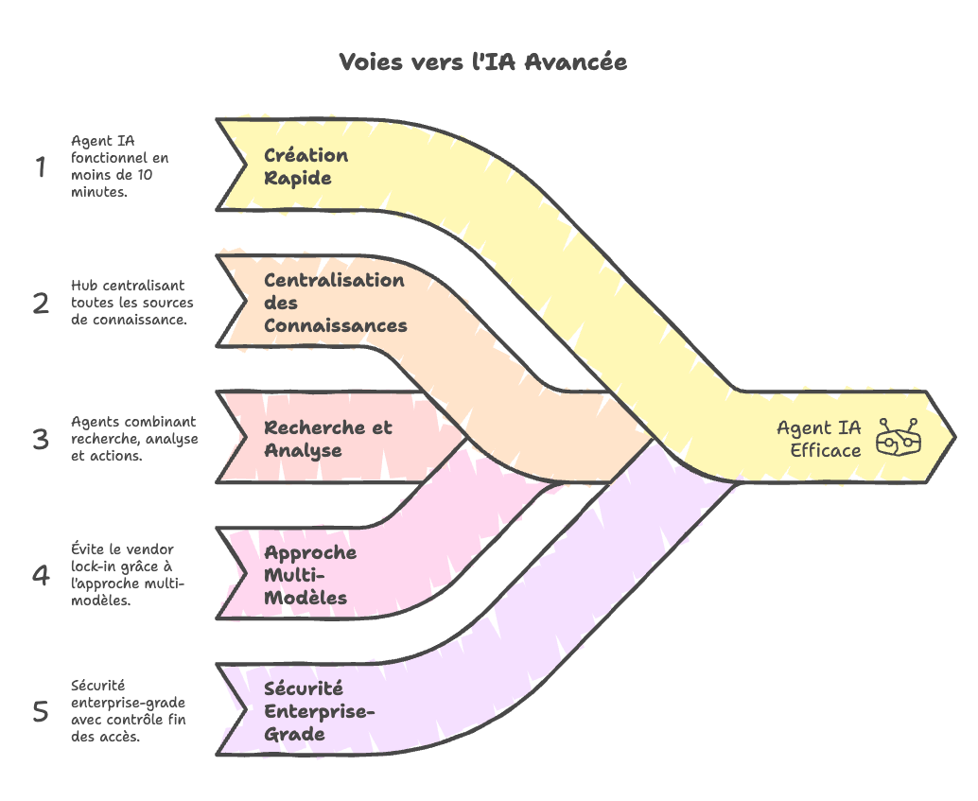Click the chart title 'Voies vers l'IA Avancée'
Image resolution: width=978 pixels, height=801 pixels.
pyautogui.click(x=482, y=62)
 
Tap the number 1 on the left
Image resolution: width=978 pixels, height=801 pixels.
pyautogui.click(x=40, y=167)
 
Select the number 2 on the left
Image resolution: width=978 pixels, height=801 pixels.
pyautogui.click(x=40, y=304)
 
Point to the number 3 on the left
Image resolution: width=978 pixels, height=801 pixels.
pyautogui.click(x=40, y=440)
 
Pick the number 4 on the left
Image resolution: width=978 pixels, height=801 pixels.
pyautogui.click(x=40, y=575)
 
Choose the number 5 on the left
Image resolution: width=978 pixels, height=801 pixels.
pyautogui.click(x=40, y=711)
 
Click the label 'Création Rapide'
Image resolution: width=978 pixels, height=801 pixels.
pyautogui.click(x=306, y=166)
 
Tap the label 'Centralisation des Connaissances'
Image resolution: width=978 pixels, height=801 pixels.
pyautogui.click(x=335, y=303)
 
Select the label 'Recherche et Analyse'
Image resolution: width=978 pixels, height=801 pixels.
pyautogui.click(x=327, y=439)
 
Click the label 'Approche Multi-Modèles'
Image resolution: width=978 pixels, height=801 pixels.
pyautogui.click(x=309, y=575)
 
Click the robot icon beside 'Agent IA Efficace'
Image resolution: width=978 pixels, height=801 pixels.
pyautogui.click(x=899, y=439)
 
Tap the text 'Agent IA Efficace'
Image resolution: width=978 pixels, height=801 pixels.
pyautogui.click(x=819, y=439)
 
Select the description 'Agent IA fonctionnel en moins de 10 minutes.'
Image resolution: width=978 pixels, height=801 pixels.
pyautogui.click(x=119, y=165)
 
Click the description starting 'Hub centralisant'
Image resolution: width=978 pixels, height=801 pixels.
pyautogui.click(x=131, y=302)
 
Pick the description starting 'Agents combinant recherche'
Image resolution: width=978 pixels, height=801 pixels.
pyautogui.click(x=134, y=438)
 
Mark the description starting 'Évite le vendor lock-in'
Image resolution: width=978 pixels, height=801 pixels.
pyautogui.click(x=128, y=574)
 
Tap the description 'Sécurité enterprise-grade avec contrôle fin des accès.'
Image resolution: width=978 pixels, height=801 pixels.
pyautogui.click(x=128, y=710)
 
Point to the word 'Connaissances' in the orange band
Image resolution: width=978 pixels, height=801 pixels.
pyautogui.click(x=335, y=325)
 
